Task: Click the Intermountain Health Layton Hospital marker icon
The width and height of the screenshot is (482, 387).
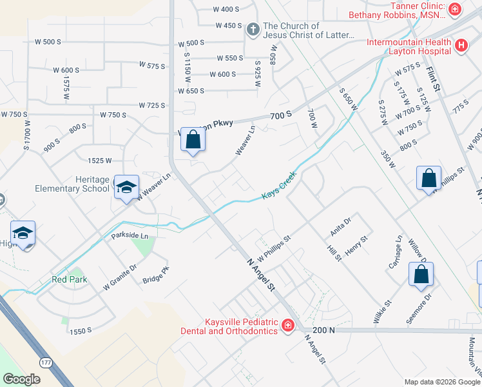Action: pos(461,45)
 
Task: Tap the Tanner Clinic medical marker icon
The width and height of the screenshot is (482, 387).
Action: pos(455,9)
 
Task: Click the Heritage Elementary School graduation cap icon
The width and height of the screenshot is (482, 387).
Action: pos(126,187)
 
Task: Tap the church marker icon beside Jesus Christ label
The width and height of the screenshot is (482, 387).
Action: pos(253,30)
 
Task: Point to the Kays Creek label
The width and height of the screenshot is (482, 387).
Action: pos(278,185)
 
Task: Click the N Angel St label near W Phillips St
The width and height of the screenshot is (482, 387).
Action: pos(262,274)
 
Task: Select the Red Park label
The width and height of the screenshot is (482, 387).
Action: pos(69,280)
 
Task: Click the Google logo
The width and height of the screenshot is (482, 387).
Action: pos(21,379)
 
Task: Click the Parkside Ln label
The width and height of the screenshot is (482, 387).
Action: pos(129,236)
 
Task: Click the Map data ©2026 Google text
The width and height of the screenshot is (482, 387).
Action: pos(442,382)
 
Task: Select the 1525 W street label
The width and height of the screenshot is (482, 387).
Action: pos(100,160)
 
